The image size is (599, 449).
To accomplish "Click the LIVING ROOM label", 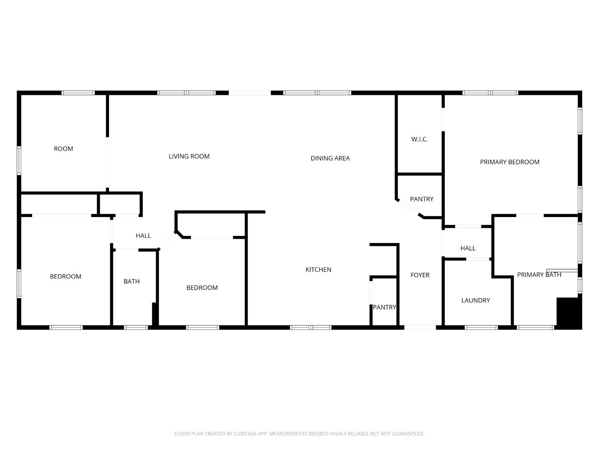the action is (189, 156).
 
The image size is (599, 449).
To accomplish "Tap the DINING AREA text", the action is (330, 158).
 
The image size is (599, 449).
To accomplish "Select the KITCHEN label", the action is (318, 270).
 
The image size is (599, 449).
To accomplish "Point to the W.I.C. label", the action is (419, 139).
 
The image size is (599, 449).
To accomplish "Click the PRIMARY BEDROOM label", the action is (510, 162).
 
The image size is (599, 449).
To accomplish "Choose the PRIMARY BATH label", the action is (539, 275).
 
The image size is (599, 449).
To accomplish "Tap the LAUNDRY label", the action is (475, 301).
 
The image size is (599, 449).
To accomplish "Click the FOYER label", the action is (420, 275).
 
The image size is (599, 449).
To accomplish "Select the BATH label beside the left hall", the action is (131, 282).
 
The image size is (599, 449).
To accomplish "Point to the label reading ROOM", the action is (63, 149).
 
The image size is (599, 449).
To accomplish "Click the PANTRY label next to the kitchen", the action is (384, 307).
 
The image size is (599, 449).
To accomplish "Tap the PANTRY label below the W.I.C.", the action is (422, 199).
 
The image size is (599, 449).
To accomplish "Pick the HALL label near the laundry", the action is (468, 248).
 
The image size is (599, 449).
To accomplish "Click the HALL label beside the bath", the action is (143, 236).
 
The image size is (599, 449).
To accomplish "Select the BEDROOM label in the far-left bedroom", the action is (65, 277).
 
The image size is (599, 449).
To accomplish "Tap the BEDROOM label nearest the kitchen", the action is (202, 288).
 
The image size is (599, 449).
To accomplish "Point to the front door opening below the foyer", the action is (420, 327).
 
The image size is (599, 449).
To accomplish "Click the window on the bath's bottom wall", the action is (136, 327).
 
